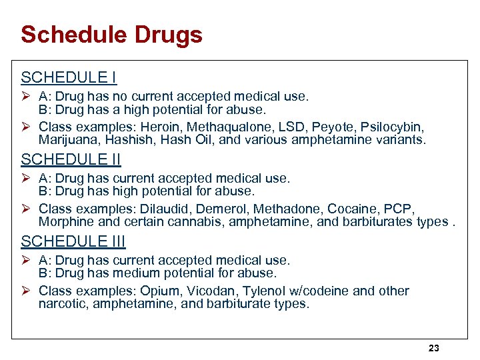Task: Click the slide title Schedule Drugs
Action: coord(111,35)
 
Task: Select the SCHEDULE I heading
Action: coord(69,78)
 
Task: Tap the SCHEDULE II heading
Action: coord(71,160)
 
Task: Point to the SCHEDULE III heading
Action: coord(73,241)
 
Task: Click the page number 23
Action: coord(434,348)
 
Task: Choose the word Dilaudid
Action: coord(163,209)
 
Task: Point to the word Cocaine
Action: coord(352,209)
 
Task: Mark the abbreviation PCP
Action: coord(400,209)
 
